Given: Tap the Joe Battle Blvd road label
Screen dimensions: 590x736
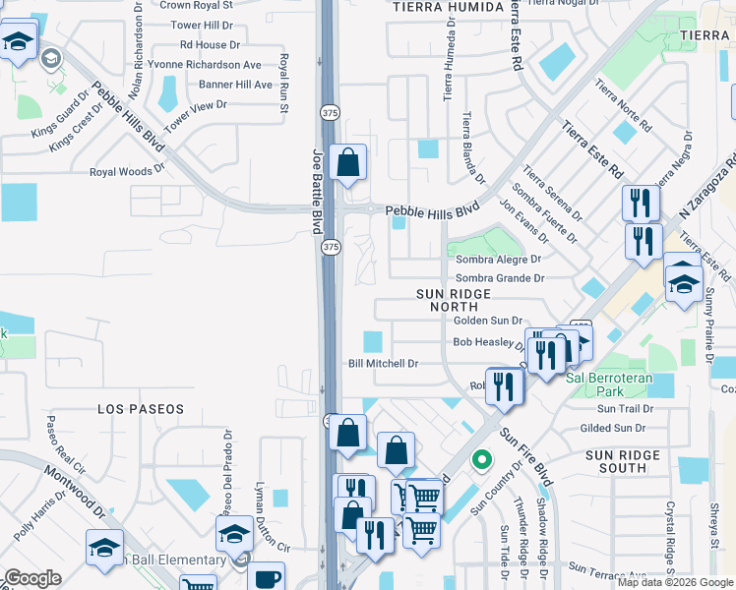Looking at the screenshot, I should pyautogui.click(x=318, y=191).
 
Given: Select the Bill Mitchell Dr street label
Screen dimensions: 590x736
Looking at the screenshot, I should pyautogui.click(x=384, y=364).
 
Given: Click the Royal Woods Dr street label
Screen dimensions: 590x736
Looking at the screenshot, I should pyautogui.click(x=127, y=171).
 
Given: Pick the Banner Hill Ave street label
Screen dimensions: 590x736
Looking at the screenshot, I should pyautogui.click(x=235, y=85).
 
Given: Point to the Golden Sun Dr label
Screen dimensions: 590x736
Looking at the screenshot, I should pyautogui.click(x=487, y=321).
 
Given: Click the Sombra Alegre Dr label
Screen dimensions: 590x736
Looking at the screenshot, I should pyautogui.click(x=499, y=260).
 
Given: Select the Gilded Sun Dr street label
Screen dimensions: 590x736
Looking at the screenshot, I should pyautogui.click(x=613, y=428).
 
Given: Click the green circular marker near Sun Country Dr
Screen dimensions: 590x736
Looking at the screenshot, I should pyautogui.click(x=481, y=459).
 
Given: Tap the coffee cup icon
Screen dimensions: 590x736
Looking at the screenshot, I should pyautogui.click(x=266, y=577).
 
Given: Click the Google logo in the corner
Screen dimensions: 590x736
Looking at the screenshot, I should pyautogui.click(x=33, y=578).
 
